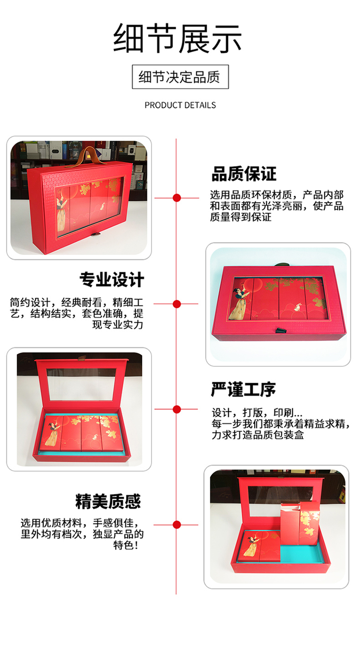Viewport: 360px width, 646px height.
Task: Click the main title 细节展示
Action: click(x=177, y=38)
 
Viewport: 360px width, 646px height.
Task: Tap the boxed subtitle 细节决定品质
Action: click(x=180, y=77)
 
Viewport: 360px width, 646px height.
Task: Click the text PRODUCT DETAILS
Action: click(x=180, y=105)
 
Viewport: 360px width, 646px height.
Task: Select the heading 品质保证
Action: click(x=244, y=174)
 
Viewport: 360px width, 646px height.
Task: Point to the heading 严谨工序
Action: click(x=244, y=389)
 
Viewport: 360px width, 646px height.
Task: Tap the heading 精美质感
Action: click(x=108, y=501)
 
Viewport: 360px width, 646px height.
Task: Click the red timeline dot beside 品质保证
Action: click(x=177, y=198)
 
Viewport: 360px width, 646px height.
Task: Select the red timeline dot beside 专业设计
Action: click(x=177, y=304)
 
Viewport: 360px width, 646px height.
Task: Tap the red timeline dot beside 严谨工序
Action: click(x=177, y=409)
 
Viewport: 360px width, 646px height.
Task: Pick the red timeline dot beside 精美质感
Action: click(x=177, y=525)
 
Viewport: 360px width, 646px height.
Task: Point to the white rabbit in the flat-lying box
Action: click(x=297, y=307)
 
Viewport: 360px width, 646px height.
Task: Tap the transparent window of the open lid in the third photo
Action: click(x=82, y=384)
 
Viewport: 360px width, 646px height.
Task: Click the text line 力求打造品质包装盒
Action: click(x=258, y=435)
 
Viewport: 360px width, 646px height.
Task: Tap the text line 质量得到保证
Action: click(x=241, y=217)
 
